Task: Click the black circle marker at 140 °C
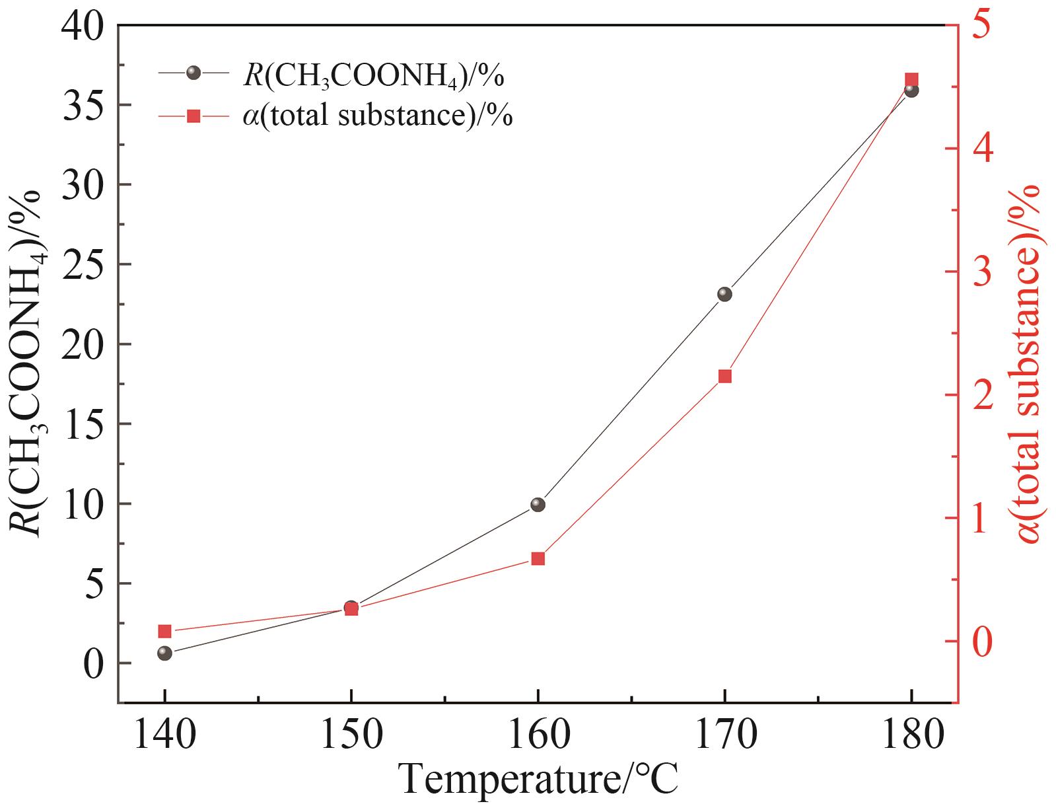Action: [164, 653]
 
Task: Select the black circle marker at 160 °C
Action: [538, 505]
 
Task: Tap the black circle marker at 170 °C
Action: [724, 294]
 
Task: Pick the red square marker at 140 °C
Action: [164, 631]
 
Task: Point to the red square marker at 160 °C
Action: [538, 559]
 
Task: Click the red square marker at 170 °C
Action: [724, 377]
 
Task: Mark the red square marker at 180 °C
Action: [911, 79]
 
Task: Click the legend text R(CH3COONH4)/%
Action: [374, 77]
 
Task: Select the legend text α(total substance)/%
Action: [378, 116]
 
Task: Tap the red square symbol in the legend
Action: [193, 116]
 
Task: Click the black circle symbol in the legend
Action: [193, 73]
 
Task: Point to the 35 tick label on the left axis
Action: [84, 106]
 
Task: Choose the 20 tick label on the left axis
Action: [84, 345]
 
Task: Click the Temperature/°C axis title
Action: [538, 780]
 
